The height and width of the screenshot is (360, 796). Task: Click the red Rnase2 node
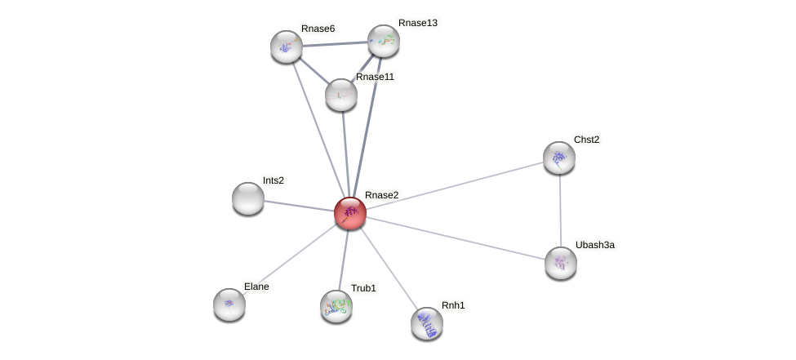coord(350,213)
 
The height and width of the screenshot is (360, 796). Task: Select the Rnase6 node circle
coord(287,47)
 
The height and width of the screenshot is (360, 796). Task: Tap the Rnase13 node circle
coord(383,41)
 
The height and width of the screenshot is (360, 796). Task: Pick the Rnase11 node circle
coord(341,95)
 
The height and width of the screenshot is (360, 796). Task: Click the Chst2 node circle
coord(559,158)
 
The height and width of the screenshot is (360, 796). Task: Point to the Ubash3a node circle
coord(561,263)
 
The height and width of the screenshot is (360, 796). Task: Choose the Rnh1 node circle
coord(427,323)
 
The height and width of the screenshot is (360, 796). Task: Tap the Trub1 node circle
coord(336,306)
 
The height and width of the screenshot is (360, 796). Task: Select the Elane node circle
coord(229,304)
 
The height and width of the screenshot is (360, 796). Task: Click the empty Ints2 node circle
coord(248,198)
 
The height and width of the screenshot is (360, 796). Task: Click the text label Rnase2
coord(381,195)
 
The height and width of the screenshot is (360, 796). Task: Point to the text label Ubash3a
coord(594,245)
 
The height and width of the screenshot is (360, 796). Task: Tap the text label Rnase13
coord(417,23)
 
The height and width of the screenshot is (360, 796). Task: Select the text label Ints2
coord(273,180)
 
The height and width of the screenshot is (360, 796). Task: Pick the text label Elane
coord(256,287)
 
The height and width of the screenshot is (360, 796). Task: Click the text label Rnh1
coord(453,305)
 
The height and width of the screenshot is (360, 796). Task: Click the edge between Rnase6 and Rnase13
coord(335,43)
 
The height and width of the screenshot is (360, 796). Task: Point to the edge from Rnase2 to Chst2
coord(455,185)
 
